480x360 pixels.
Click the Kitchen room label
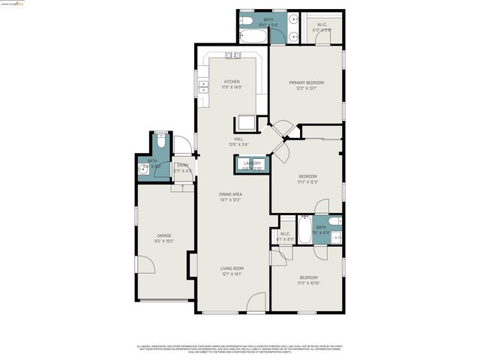232,81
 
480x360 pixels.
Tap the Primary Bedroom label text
306,82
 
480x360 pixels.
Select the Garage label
163,235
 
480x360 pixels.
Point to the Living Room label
232,268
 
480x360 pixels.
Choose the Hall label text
238,139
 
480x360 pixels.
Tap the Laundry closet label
251,163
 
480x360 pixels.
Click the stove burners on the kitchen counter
232,55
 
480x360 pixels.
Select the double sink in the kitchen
203,88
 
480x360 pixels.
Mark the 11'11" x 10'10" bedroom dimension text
307,283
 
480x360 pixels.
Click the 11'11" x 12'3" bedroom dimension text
307,181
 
